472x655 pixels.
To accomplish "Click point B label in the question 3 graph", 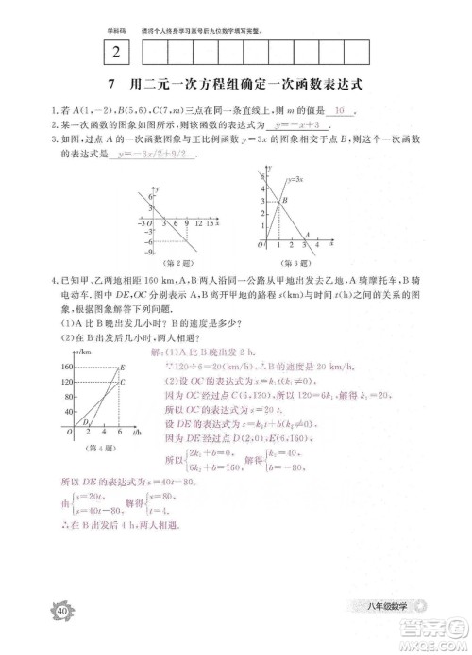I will point(285,201).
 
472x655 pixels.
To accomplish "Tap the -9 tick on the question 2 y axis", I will point(148,253).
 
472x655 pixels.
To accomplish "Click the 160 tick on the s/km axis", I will point(66,366).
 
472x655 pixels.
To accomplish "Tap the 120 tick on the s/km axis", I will point(66,381).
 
